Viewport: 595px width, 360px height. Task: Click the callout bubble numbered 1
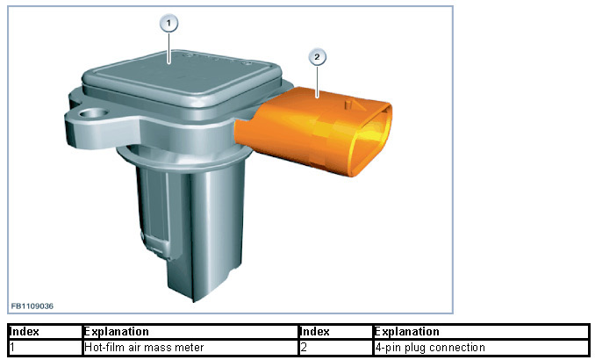[x=168, y=24]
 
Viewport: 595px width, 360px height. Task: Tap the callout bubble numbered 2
[x=317, y=57]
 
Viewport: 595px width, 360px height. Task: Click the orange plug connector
[x=313, y=130]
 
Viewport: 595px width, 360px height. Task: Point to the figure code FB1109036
[x=32, y=306]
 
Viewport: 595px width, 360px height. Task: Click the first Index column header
[x=25, y=332]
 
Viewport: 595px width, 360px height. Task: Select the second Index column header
[x=315, y=332]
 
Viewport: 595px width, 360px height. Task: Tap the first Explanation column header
[x=116, y=332]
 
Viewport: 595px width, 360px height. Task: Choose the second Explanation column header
[x=407, y=332]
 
